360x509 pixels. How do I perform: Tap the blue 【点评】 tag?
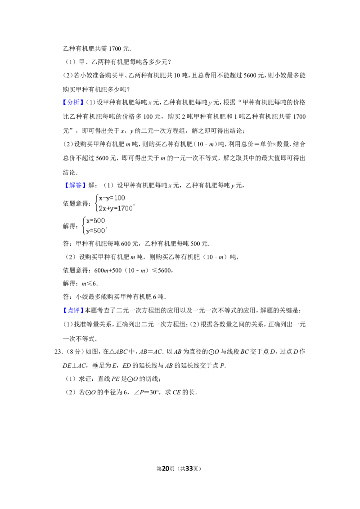pos(73,310)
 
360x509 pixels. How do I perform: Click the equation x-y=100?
pos(112,198)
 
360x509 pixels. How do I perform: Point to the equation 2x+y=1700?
pos(116,208)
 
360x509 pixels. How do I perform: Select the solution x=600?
pos(95,221)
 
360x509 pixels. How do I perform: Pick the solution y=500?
pos(95,231)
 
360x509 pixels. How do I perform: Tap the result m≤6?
pos(89,283)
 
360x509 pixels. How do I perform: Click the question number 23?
pos(58,352)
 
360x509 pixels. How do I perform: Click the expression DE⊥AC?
pos(74,366)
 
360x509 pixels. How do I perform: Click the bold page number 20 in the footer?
pos(166,469)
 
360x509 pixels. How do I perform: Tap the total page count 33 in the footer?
pos(189,469)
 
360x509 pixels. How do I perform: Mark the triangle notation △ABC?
pos(119,352)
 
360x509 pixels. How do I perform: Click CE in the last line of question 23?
pos(176,392)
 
